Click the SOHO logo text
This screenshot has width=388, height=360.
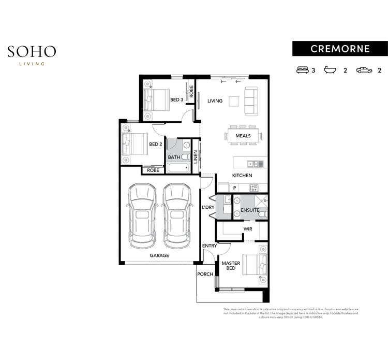(x=32, y=51)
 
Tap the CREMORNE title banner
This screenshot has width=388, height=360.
(x=340, y=49)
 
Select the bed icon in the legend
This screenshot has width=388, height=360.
(x=302, y=70)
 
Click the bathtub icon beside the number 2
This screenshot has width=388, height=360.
(x=331, y=70)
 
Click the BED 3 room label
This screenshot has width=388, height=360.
(x=177, y=99)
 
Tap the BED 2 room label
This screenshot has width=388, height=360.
(x=156, y=145)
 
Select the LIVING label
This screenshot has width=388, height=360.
(x=215, y=101)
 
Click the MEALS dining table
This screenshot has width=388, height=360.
(x=243, y=136)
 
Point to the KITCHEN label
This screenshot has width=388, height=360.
(x=242, y=176)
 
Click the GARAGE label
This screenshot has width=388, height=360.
(x=159, y=255)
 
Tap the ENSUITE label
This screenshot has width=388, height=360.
(x=250, y=210)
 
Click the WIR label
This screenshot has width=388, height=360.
(x=247, y=228)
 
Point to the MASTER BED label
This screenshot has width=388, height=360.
(x=231, y=266)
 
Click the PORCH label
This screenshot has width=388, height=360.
(x=205, y=274)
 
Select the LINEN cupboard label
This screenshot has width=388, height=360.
(x=196, y=157)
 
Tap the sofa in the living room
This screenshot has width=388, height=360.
(x=251, y=101)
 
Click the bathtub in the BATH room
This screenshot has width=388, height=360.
(x=178, y=168)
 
